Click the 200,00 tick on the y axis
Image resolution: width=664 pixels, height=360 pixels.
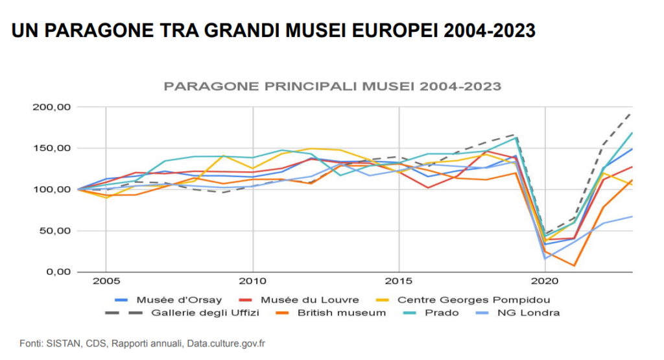pyautogui.click(x=49, y=107)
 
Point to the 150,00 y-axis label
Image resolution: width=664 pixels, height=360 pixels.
pyautogui.click(x=49, y=149)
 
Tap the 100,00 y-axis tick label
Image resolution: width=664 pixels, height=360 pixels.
pyautogui.click(x=49, y=189)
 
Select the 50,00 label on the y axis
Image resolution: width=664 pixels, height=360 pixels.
pyautogui.click(x=52, y=230)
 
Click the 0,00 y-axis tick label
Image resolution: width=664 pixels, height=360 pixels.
pyautogui.click(x=55, y=272)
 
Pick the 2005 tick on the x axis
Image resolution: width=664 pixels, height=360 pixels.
pyautogui.click(x=106, y=283)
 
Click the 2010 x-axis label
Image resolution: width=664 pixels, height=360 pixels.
pyautogui.click(x=253, y=283)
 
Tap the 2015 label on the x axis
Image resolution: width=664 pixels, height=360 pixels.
pyautogui.click(x=399, y=283)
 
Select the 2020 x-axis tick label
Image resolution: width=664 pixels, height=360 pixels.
pyautogui.click(x=545, y=283)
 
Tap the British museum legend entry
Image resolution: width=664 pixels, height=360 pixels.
pyautogui.click(x=341, y=313)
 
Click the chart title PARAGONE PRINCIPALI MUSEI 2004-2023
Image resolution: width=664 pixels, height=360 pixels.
pyautogui.click(x=332, y=86)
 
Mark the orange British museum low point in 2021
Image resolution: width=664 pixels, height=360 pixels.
pyautogui.click(x=574, y=265)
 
